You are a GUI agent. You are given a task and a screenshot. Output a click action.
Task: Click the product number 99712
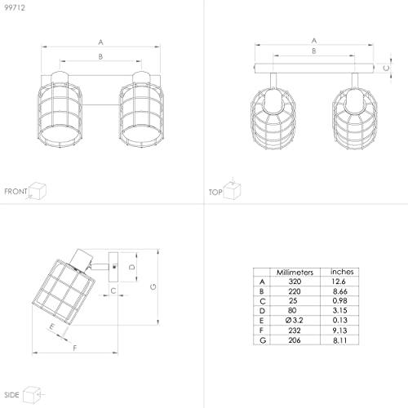pos(15,7)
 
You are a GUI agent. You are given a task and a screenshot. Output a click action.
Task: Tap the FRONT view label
pos(16,192)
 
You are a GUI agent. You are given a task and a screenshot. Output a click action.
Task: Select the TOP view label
pos(215,193)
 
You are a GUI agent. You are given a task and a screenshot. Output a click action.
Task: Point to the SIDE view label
pos(11,395)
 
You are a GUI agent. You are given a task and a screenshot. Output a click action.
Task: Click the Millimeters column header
pos(295,273)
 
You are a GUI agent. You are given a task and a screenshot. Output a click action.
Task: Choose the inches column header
pos(342,272)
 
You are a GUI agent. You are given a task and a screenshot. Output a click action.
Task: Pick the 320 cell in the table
pos(295,282)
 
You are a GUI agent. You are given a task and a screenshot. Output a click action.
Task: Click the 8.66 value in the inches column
pos(340,291)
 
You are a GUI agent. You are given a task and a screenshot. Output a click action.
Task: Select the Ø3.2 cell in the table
pos(294,321)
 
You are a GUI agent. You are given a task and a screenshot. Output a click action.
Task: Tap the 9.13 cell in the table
pos(340,330)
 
